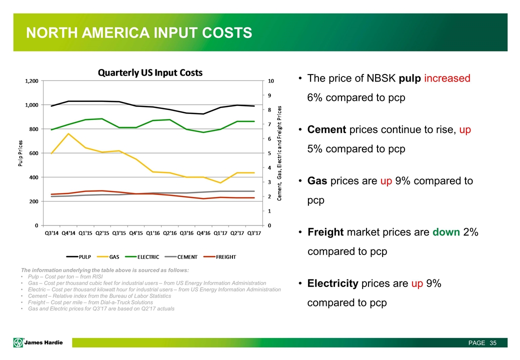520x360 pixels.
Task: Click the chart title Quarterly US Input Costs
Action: click(149, 72)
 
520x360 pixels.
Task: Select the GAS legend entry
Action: click(113, 257)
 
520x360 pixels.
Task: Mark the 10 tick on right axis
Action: click(271, 80)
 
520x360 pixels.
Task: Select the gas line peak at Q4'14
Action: click(68, 133)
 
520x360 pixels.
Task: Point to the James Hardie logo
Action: click(42, 342)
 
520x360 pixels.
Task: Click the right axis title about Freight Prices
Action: click(279, 153)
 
